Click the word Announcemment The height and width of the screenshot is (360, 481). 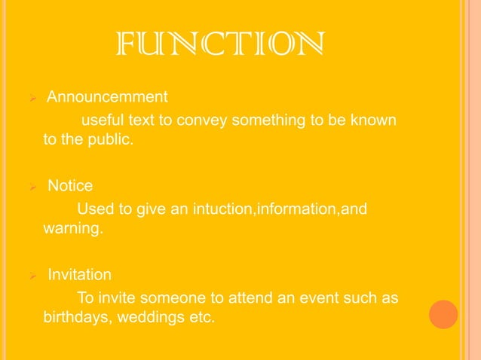107,97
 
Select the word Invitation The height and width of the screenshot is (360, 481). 79,274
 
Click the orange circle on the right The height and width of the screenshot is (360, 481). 443,314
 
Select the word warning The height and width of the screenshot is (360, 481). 70,228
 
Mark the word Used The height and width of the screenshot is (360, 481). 93,208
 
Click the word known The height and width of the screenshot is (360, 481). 376,119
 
